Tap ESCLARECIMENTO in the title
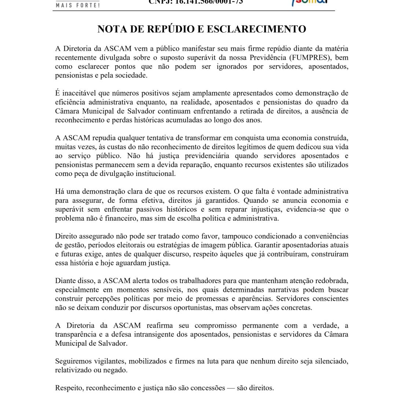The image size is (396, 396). [x=257, y=29]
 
